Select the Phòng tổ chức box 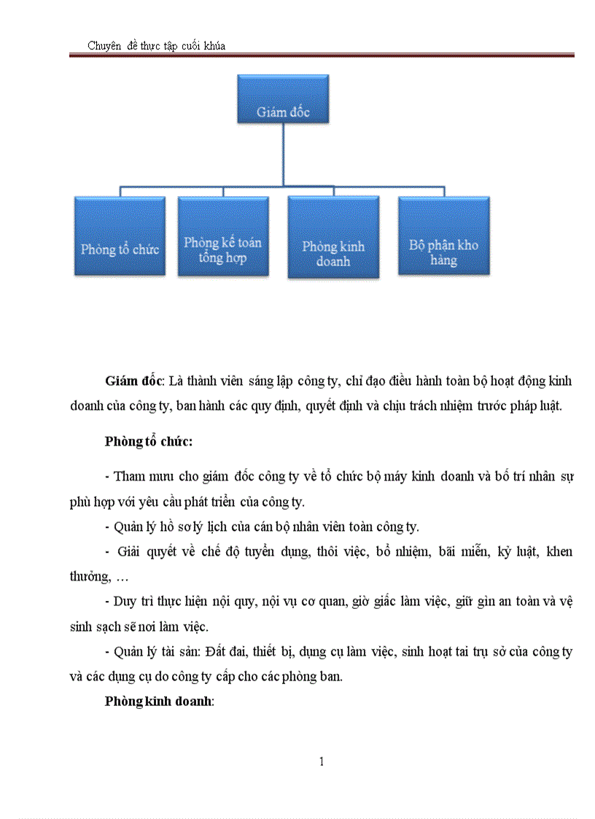pos(120,236)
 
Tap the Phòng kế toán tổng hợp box pos(223,236)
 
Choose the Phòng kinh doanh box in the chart pos(333,237)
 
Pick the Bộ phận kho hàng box pos(443,236)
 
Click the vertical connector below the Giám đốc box pos(283,154)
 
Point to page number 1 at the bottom pos(322,762)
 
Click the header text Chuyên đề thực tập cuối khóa pos(157,46)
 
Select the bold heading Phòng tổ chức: pos(149,441)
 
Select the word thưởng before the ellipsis pos(88,576)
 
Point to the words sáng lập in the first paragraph pos(268,381)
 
